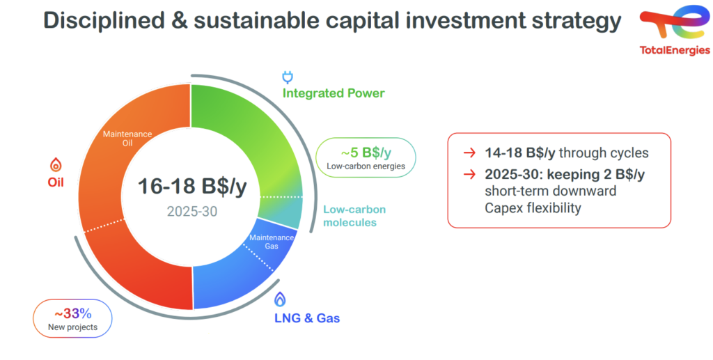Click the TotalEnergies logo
click(x=674, y=30)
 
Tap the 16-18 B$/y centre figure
click(x=192, y=187)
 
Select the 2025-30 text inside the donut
click(x=192, y=212)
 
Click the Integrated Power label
click(x=334, y=93)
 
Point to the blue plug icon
click(x=288, y=78)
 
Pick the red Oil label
click(x=56, y=182)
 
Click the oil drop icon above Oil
click(x=56, y=164)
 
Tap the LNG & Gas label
click(x=307, y=318)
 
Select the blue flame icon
click(x=280, y=299)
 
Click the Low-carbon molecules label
click(x=354, y=217)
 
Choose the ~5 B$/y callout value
click(x=366, y=152)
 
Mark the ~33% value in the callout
click(x=72, y=313)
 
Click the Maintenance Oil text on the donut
click(x=127, y=139)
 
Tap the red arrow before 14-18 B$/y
click(x=469, y=153)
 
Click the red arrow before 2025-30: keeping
click(x=469, y=175)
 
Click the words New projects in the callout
click(x=72, y=327)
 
